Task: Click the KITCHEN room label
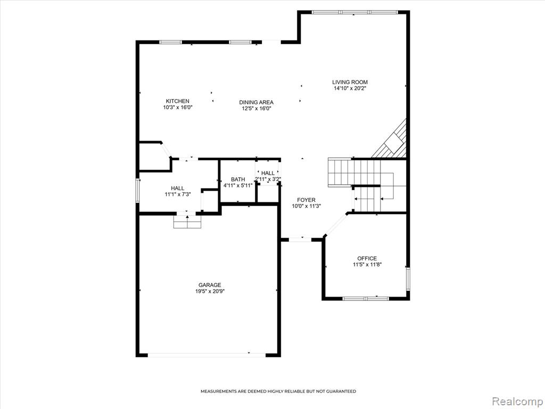177,101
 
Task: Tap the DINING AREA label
256,102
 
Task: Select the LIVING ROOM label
350,83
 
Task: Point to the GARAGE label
210,285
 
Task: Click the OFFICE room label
367,258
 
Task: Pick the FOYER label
306,200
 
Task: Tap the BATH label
238,179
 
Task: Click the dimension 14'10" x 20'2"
350,88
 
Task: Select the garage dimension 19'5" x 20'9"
210,291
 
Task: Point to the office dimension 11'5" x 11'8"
367,265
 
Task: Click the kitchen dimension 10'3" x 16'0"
178,108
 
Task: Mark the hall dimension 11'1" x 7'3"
178,194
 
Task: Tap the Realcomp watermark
517,401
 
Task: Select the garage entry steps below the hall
187,222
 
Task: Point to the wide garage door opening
207,355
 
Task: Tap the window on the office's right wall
408,279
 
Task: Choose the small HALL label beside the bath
268,173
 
